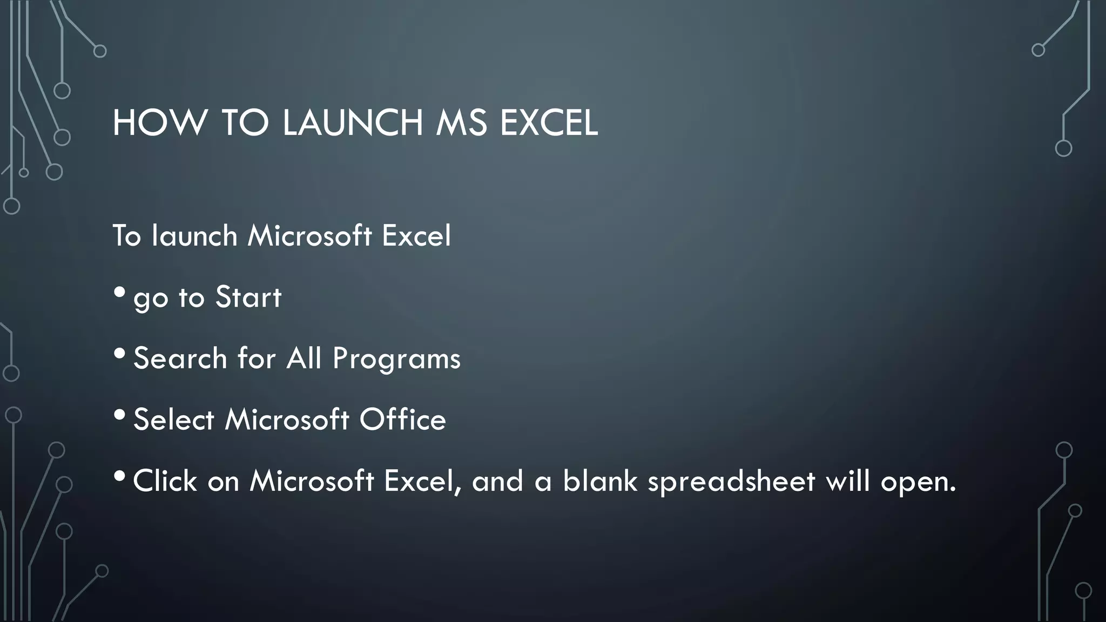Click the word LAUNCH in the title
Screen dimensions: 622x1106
(353, 123)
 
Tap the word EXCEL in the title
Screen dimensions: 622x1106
(549, 123)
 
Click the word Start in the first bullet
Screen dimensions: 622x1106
(248, 297)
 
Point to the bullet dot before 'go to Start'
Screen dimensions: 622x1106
(120, 293)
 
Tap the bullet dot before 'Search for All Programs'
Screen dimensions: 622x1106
(120, 354)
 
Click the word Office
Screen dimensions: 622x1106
(403, 420)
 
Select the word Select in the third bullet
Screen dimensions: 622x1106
(174, 420)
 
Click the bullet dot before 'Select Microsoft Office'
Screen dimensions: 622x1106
(120, 415)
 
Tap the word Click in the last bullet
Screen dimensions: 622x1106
(165, 481)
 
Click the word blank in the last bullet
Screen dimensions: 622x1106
(600, 481)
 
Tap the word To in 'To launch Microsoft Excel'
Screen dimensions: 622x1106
(126, 236)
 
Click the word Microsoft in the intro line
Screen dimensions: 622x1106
(310, 236)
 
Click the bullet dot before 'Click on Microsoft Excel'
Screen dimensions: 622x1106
(120, 476)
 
